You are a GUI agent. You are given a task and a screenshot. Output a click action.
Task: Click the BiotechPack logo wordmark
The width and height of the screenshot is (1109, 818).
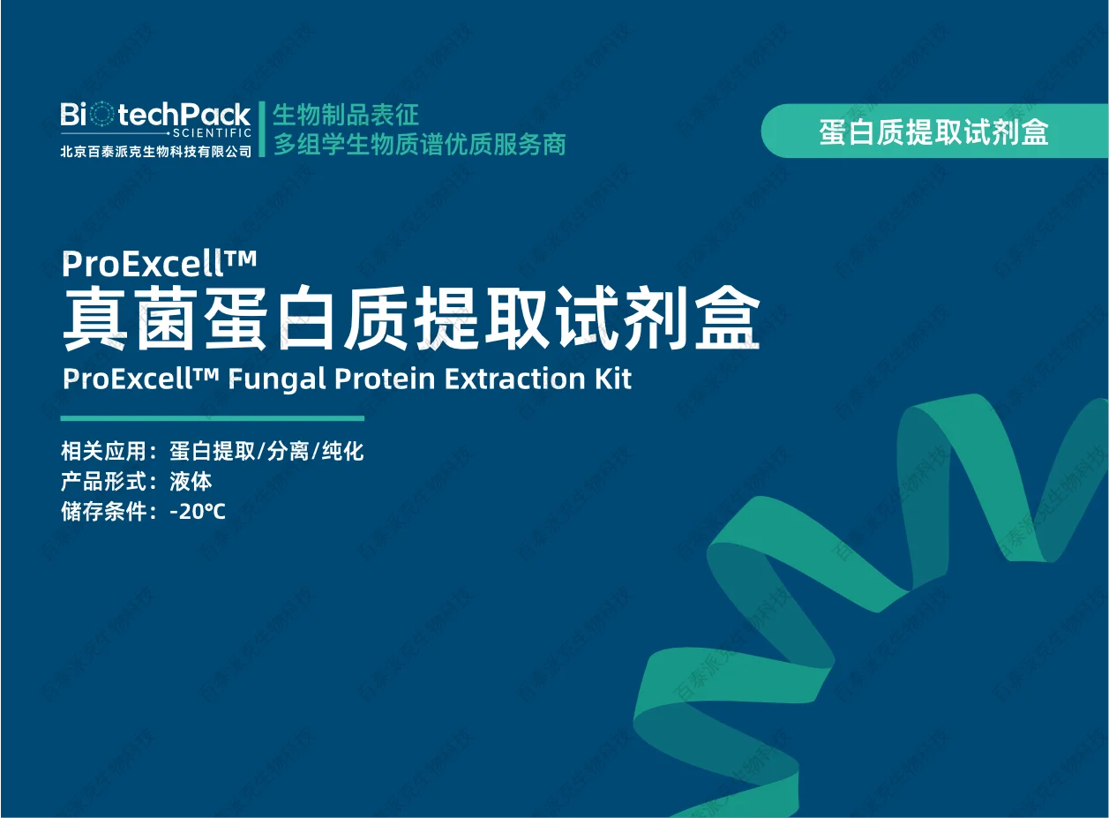[x=155, y=114]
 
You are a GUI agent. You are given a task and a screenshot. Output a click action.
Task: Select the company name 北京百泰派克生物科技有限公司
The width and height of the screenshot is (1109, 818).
[x=156, y=151]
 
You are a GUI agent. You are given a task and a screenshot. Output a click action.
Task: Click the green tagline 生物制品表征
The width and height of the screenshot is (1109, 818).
[x=346, y=115]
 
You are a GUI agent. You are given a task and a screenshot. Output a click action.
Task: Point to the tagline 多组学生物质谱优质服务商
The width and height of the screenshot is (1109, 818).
[x=419, y=144]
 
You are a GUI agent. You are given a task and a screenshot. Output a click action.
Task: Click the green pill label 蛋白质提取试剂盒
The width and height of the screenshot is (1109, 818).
[x=933, y=131]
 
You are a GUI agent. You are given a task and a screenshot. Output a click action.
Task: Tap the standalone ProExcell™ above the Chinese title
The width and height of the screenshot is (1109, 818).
[x=160, y=262]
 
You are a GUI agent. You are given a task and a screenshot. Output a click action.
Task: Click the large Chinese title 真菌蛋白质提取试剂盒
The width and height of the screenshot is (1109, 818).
[x=411, y=319]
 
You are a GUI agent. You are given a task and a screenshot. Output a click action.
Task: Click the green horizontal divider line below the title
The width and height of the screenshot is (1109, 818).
[x=212, y=418]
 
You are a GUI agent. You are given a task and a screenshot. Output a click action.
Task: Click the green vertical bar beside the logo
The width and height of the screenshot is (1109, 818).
[x=262, y=129]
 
